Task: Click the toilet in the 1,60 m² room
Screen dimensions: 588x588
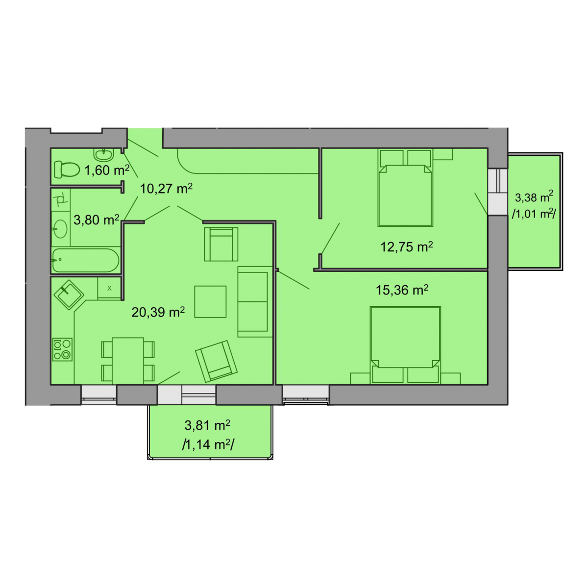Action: point(67,170)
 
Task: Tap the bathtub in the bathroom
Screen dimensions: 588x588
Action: point(85,260)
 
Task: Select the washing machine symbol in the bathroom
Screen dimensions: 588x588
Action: point(61,199)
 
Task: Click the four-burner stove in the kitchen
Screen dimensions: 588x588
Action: point(62,349)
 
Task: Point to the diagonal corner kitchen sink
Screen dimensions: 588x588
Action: point(69,295)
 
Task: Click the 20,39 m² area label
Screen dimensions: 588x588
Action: point(158,312)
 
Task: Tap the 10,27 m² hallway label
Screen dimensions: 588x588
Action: point(166,188)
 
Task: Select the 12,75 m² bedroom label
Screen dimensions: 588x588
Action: point(406,246)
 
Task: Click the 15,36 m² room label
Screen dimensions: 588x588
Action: point(402,290)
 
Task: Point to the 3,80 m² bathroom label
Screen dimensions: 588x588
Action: point(97,220)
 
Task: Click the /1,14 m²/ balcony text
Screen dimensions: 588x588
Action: point(208,445)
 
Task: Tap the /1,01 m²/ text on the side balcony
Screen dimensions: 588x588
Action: point(534,214)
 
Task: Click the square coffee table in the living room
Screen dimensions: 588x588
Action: point(210,301)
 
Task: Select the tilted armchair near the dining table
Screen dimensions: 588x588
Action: point(217,361)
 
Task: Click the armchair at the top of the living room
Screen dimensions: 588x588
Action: point(221,244)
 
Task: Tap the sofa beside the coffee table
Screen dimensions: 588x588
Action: point(255,301)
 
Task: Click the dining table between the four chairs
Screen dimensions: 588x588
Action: point(128,361)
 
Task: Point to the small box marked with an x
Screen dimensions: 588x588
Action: point(109,288)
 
